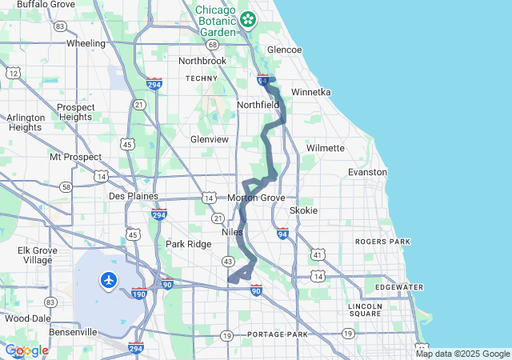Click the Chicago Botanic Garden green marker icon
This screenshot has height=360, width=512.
[249, 18]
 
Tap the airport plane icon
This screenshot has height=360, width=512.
[109, 280]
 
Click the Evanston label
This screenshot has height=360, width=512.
[367, 172]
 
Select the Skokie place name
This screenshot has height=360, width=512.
[303, 210]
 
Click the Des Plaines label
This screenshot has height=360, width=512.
[134, 196]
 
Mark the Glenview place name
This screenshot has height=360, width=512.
[210, 139]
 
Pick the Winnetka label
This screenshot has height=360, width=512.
[310, 92]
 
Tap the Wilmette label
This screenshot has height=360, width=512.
[326, 148]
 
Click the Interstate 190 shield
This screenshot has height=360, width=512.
[139, 294]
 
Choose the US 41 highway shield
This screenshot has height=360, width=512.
[318, 254]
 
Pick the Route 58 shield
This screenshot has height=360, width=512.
[65, 186]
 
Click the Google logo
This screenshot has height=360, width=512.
[27, 350]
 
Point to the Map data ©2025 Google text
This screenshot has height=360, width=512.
[462, 354]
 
